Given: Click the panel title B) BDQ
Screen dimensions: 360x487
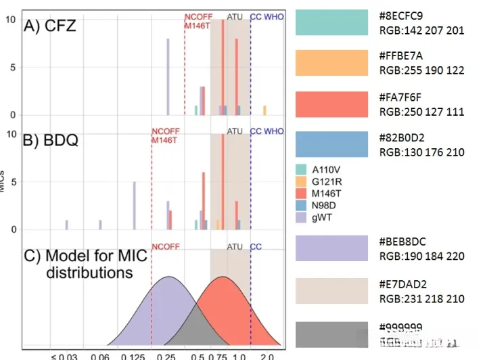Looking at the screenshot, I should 51,141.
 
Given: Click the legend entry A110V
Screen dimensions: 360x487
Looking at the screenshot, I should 325,169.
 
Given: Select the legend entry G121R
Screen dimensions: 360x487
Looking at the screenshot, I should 325,181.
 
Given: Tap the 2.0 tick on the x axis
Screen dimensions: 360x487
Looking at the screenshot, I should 266,355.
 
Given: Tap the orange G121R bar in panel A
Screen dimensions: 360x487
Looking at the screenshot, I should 264,110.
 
